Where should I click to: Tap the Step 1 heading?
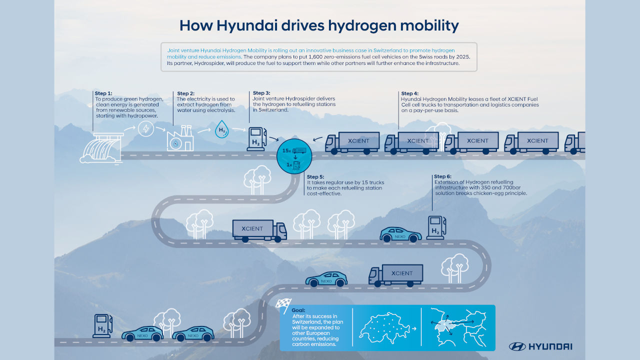click(104, 93)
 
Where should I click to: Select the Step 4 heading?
click(410, 93)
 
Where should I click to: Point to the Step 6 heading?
click(443, 176)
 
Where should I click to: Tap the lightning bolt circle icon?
click(146, 129)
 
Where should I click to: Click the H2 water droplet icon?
click(221, 130)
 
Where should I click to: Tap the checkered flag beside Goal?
click(283, 303)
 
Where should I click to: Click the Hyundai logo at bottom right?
click(540, 346)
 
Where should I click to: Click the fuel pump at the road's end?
click(102, 325)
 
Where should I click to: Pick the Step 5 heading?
click(316, 176)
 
